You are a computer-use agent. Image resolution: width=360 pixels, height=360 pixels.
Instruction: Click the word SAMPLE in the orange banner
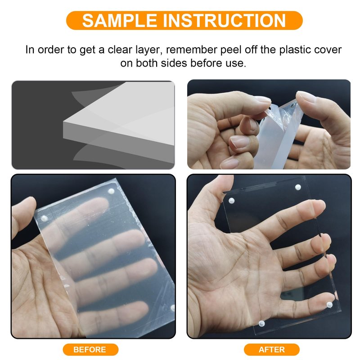point(119,21)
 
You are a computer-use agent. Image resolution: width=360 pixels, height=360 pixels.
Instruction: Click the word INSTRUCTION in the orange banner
point(224,21)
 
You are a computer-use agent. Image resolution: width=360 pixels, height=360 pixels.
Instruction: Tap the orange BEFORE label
point(90,350)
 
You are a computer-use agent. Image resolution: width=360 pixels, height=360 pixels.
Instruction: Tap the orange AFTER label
point(272,350)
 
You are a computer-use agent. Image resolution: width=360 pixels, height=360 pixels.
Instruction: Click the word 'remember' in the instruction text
point(192,50)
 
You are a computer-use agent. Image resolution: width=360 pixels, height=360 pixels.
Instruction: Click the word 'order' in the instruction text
point(51,50)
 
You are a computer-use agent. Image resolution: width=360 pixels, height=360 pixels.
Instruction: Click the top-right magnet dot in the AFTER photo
point(298,187)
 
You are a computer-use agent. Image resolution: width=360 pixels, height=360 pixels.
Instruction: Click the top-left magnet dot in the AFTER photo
point(231,201)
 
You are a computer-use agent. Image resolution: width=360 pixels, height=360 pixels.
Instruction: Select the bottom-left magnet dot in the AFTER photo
point(261,324)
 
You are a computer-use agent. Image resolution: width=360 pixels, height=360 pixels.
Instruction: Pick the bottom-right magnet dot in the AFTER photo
point(329,305)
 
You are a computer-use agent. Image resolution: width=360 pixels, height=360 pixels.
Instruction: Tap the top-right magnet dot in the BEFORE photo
point(111,191)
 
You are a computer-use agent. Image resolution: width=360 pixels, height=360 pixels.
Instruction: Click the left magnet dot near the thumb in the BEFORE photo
point(44,218)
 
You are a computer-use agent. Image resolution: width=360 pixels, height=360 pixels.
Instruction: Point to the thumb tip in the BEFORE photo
point(30,200)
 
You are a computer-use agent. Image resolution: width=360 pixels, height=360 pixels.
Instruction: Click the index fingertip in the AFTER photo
point(321,204)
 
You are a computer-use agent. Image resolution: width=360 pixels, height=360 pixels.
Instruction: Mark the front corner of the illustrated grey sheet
point(63,121)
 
